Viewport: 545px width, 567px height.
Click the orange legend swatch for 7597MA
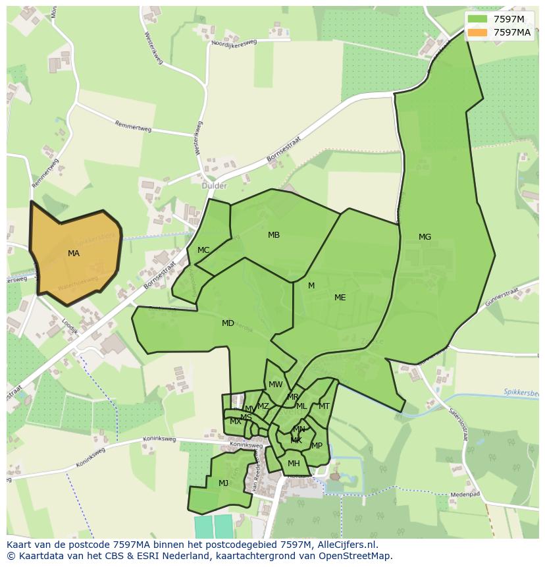(478, 32)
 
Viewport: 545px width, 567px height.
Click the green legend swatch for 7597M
(478, 19)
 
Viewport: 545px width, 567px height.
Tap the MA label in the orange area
(74, 254)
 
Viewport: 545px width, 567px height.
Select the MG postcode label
(425, 237)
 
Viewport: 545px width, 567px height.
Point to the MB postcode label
(274, 235)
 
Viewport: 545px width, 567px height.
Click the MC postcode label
(203, 250)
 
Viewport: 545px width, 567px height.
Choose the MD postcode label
(228, 323)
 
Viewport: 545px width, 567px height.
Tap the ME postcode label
(340, 298)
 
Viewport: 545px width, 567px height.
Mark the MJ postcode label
(223, 483)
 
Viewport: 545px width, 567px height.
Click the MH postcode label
(294, 464)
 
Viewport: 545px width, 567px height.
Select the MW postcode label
(275, 385)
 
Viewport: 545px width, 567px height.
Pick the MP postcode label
(317, 446)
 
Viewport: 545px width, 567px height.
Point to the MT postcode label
(324, 406)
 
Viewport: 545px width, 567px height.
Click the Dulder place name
(214, 186)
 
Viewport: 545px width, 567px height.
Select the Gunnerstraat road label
(502, 300)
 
